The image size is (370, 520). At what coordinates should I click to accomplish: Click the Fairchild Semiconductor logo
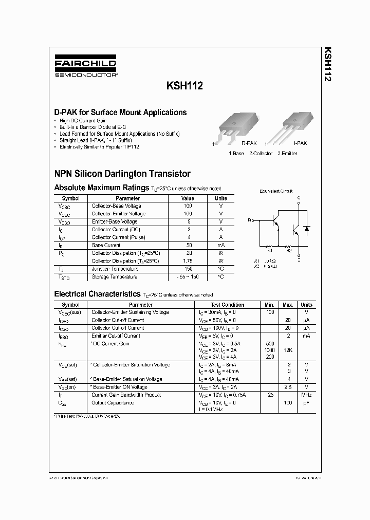(85, 66)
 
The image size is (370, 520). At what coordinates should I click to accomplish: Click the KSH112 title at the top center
(184, 87)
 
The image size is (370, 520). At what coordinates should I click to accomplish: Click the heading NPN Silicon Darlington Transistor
(122, 174)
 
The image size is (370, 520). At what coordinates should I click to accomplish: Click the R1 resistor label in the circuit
(269, 251)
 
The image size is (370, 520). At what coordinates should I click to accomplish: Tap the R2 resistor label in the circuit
(289, 251)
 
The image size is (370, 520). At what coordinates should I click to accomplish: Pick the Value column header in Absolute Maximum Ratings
(188, 198)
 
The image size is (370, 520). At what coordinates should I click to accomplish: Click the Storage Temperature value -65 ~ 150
(188, 277)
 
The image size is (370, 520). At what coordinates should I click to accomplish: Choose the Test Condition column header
(227, 305)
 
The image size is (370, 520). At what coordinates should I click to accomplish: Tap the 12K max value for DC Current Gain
(288, 350)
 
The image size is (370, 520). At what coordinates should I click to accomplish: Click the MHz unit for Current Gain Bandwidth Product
(306, 395)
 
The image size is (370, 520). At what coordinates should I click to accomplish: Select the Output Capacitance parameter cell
(113, 402)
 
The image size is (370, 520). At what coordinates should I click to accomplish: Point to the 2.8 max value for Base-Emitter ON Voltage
(288, 387)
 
